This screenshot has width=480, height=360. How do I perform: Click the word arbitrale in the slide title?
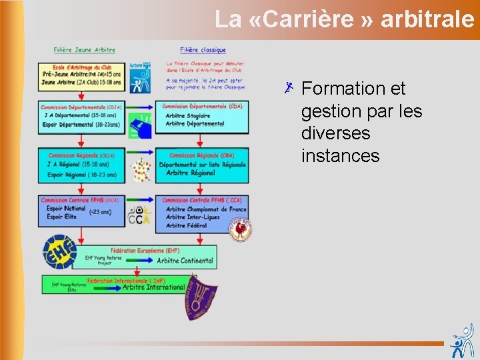coord(427,19)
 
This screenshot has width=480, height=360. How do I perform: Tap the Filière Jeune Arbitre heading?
coord(85,49)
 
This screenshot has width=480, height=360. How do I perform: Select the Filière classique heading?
coord(203,49)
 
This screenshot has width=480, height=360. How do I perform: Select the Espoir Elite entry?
coord(62,217)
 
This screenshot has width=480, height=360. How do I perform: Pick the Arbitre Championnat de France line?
coord(206,209)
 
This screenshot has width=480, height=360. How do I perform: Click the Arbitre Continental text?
coord(185,261)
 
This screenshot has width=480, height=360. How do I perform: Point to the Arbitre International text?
coord(153,287)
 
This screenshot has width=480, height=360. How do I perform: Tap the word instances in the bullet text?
coord(340,156)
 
